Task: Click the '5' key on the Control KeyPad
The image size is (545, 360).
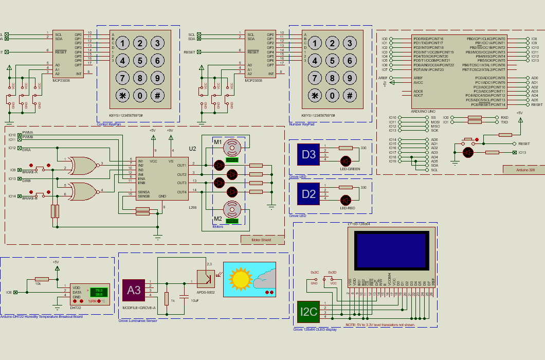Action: tap(139, 61)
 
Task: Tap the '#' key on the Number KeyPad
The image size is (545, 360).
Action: tap(350, 95)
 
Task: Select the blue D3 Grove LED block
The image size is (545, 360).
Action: tap(308, 154)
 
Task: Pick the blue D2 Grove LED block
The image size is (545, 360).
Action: tap(308, 194)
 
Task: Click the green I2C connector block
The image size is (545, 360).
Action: tap(308, 312)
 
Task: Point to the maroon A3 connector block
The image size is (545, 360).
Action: tap(134, 290)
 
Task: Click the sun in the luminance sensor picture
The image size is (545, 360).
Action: tap(240, 278)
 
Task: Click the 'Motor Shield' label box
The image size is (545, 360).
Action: tap(262, 239)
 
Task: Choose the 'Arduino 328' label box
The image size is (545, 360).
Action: tap(522, 169)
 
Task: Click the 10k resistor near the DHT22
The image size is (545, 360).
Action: tap(42, 279)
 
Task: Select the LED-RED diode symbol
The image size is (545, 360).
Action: tap(346, 200)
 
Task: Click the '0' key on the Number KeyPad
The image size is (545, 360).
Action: tap(332, 95)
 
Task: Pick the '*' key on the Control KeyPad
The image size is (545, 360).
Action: tap(122, 95)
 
